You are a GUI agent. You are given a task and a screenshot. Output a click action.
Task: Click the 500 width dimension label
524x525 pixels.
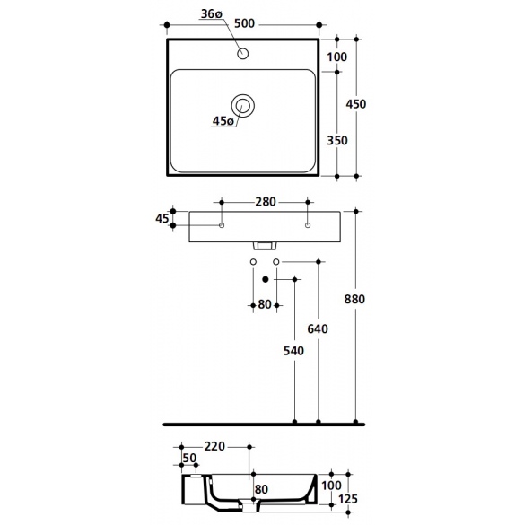tap(244, 23)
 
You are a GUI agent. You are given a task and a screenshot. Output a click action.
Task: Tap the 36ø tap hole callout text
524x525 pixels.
tap(211, 14)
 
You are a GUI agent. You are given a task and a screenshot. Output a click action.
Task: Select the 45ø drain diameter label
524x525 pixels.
tap(223, 121)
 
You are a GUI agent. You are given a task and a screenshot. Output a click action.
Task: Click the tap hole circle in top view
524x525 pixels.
tap(243, 53)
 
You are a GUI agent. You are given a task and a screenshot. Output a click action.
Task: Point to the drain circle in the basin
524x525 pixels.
tap(243, 106)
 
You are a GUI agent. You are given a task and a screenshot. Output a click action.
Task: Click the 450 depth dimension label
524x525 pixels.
tap(356, 104)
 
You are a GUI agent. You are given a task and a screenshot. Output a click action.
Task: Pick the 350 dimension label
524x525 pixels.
tap(337, 140)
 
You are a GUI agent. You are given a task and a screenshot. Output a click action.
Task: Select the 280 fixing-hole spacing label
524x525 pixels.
tap(266, 202)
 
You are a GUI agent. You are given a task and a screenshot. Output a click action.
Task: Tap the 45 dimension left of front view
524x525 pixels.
tap(162, 219)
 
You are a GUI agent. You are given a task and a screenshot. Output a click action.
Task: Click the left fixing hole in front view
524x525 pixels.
tap(222, 225)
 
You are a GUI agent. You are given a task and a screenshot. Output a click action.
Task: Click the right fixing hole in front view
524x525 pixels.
tap(308, 225)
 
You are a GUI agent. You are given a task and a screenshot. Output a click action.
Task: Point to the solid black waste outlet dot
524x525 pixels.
tap(266, 279)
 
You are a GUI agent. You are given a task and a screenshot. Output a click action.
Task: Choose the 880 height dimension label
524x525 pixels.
tap(354, 299)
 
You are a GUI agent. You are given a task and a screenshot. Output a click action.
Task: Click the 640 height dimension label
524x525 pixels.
tap(318, 329)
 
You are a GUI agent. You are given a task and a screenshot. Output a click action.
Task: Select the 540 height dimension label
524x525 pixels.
tap(293, 351)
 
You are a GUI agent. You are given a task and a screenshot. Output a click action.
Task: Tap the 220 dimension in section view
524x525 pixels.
tap(214, 446)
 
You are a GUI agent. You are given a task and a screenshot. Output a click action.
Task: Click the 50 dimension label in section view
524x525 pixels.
tap(189, 458)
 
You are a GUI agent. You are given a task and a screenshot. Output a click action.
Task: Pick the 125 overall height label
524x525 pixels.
tap(348, 499)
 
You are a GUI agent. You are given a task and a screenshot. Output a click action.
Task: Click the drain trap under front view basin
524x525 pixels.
tap(266, 246)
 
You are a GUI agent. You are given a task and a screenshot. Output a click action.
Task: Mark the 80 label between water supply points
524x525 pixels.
tap(265, 305)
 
